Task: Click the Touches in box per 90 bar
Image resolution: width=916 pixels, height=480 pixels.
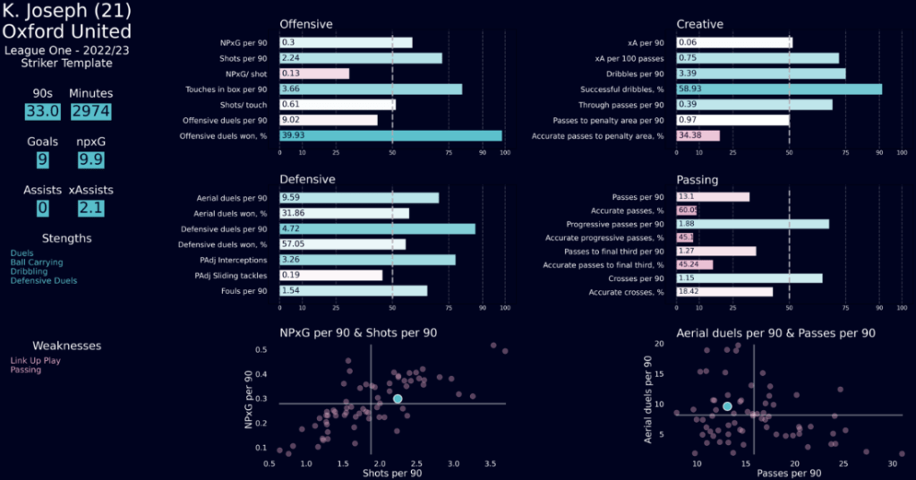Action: point(371,90)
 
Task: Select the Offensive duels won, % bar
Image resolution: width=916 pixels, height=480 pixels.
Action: point(390,136)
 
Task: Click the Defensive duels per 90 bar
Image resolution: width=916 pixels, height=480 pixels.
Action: point(377,229)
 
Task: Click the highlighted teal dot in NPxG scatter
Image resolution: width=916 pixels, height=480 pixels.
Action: point(398,399)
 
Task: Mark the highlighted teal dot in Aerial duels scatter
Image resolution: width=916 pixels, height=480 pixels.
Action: point(727,407)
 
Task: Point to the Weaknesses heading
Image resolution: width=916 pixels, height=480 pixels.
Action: point(67,346)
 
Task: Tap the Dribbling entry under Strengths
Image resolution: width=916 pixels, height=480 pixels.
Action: point(29,271)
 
